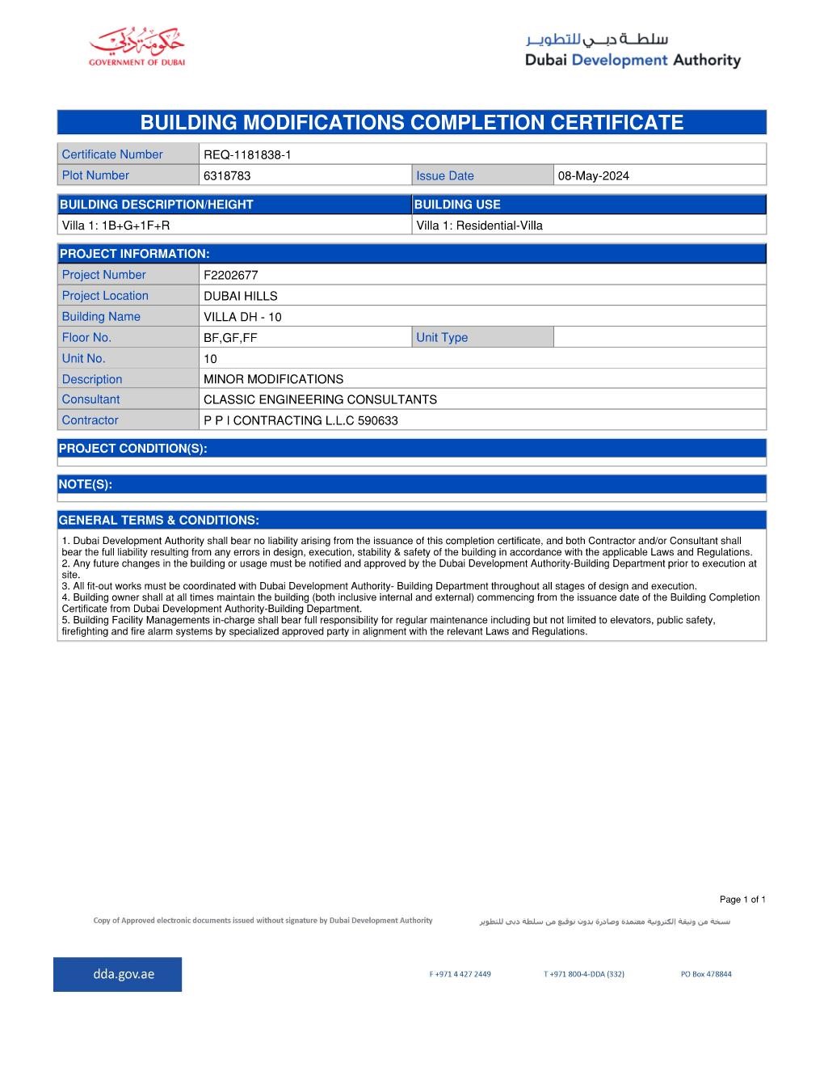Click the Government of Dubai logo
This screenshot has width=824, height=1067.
coord(137,48)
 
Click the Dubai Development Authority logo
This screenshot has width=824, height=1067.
coord(633,50)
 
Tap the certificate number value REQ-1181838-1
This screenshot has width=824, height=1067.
coord(246,154)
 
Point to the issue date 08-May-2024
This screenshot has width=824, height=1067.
coord(594,175)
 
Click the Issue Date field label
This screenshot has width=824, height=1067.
coord(445,175)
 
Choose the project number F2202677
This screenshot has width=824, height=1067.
coord(231,275)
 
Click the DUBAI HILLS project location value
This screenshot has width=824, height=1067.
coord(241,296)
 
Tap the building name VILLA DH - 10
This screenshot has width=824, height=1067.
coord(242,317)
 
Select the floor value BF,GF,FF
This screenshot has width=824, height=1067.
coord(230,338)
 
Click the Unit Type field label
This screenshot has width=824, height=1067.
coord(442,338)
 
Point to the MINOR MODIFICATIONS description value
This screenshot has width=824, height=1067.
coord(273,379)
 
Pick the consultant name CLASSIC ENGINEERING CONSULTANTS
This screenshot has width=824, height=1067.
coord(320,399)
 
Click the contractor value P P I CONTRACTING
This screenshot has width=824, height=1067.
coord(301,420)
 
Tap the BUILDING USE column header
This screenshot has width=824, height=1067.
coord(457,205)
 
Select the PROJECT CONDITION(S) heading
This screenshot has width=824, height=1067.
coord(133,448)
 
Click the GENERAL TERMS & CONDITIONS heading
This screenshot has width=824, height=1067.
coord(159,520)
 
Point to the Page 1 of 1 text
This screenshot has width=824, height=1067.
coord(742,899)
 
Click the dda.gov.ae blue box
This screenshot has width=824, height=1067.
coord(118,974)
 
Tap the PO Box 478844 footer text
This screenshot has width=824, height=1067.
coord(706,974)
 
